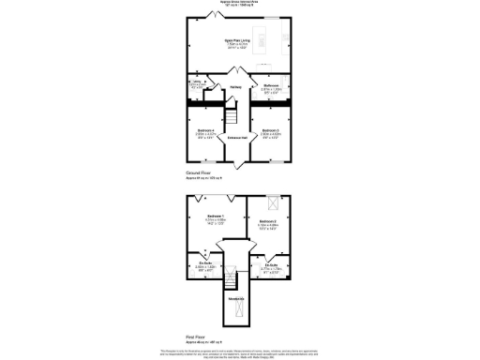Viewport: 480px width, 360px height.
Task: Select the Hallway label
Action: click(x=236, y=87)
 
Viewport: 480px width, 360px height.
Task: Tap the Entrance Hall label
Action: click(x=236, y=138)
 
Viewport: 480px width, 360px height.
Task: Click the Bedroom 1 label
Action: click(x=216, y=221)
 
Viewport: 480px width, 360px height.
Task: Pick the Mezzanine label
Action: click(x=236, y=298)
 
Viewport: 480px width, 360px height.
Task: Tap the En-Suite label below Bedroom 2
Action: click(x=272, y=266)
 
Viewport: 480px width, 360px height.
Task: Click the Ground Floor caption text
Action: click(x=198, y=173)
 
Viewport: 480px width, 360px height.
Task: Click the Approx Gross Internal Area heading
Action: click(x=240, y=4)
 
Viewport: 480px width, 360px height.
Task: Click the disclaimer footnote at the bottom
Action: click(x=240, y=351)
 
